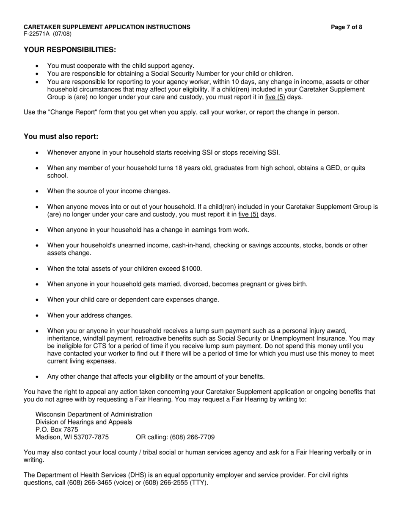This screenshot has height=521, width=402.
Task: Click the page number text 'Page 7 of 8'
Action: (x=346, y=27)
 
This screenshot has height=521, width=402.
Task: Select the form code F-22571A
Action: (x=37, y=34)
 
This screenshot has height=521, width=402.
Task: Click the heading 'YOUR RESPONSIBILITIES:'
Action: (x=70, y=50)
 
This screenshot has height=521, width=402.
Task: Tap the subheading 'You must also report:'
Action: (x=61, y=136)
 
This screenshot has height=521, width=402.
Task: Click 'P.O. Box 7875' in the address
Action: (x=57, y=430)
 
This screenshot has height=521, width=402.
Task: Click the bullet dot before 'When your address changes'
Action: (x=37, y=316)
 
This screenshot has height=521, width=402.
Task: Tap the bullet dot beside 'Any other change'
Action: (x=37, y=377)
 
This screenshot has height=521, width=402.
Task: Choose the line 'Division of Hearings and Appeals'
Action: (x=84, y=422)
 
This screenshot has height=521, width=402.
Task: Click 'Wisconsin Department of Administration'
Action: (x=94, y=414)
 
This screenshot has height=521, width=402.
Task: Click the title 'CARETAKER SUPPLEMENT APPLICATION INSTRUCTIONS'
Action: (x=107, y=27)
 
